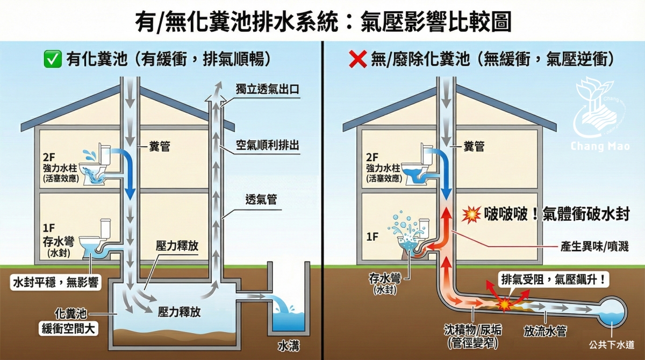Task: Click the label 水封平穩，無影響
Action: (56, 282)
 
